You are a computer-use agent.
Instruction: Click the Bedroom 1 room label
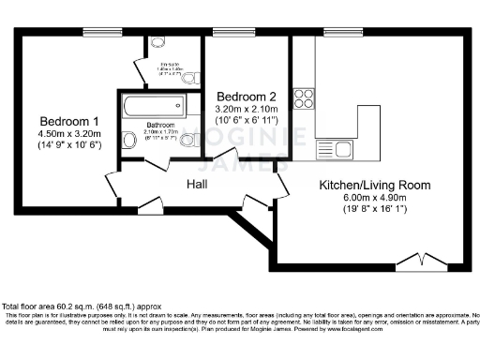coord(68,121)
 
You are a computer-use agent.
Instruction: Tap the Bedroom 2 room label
coord(247,97)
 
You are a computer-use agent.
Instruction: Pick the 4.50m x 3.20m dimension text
coord(68,133)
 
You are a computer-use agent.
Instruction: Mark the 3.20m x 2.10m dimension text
coord(247,109)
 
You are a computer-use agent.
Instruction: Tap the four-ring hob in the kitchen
coord(305,98)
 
